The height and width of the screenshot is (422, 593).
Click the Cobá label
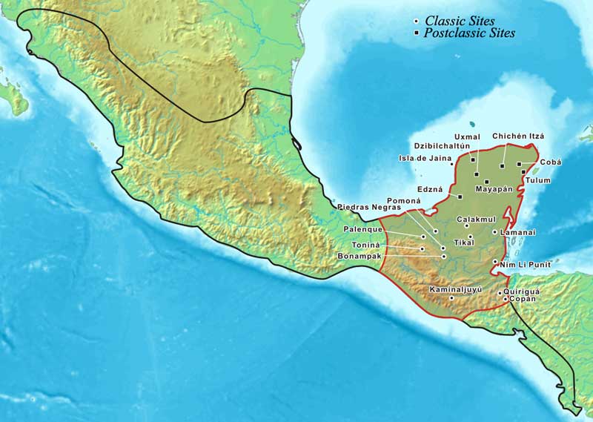[551, 162]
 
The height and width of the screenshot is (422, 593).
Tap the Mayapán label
[494, 189]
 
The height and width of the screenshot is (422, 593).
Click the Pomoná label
[404, 201]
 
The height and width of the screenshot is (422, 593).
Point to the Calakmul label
[475, 219]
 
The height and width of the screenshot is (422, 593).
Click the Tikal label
[463, 243]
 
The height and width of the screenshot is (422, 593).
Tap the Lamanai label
[518, 232]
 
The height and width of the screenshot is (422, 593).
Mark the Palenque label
[362, 230]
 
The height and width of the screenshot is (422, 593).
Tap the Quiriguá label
[522, 291]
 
